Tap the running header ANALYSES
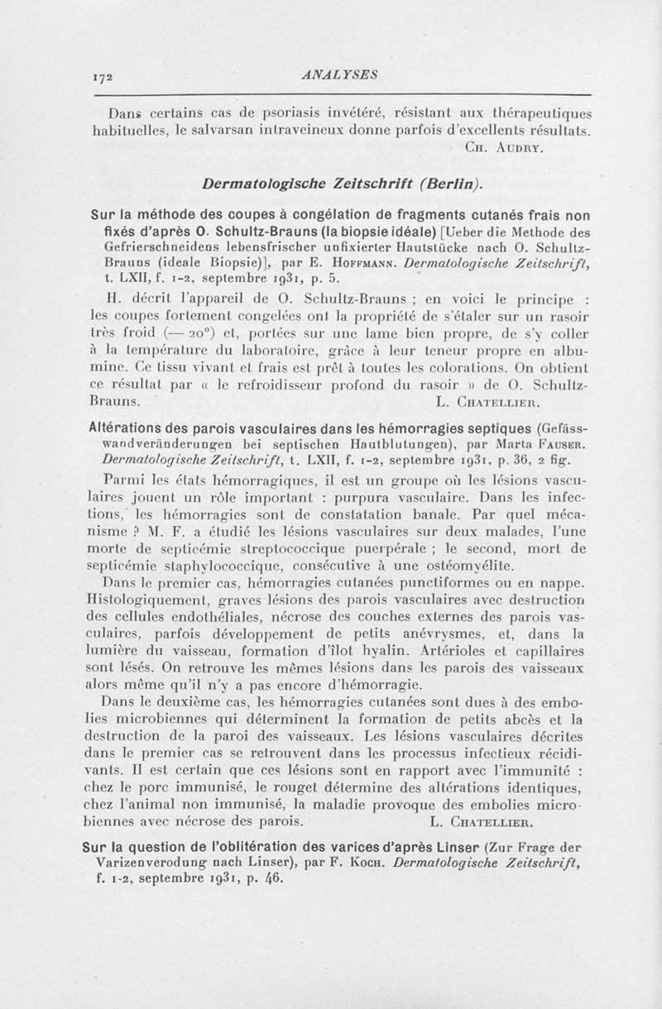pos(340,74)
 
